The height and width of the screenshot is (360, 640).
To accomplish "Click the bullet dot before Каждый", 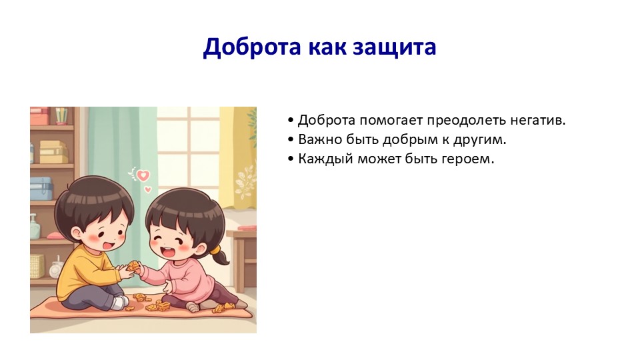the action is click(x=291, y=159).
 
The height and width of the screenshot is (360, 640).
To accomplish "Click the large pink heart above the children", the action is click(x=143, y=175).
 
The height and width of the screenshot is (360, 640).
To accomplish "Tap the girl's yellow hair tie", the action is click(x=215, y=249).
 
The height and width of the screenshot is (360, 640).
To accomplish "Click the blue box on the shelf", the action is click(x=41, y=189).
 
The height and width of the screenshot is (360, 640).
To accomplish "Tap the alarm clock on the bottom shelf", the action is click(x=56, y=270).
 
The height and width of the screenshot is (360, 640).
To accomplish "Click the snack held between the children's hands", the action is click(x=133, y=266).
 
